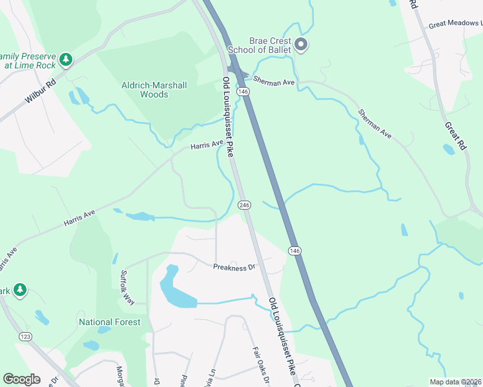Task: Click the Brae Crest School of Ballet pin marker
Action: click(x=301, y=45)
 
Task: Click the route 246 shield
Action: click(x=243, y=204)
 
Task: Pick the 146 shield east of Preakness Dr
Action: click(x=294, y=250)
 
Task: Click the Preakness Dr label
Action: click(x=235, y=266)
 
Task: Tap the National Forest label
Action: click(x=109, y=322)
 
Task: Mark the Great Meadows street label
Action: click(x=455, y=25)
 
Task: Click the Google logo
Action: click(x=21, y=379)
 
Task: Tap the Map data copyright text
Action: click(x=456, y=382)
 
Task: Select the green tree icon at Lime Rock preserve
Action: click(x=65, y=59)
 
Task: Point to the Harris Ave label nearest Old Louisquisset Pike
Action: click(x=207, y=146)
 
